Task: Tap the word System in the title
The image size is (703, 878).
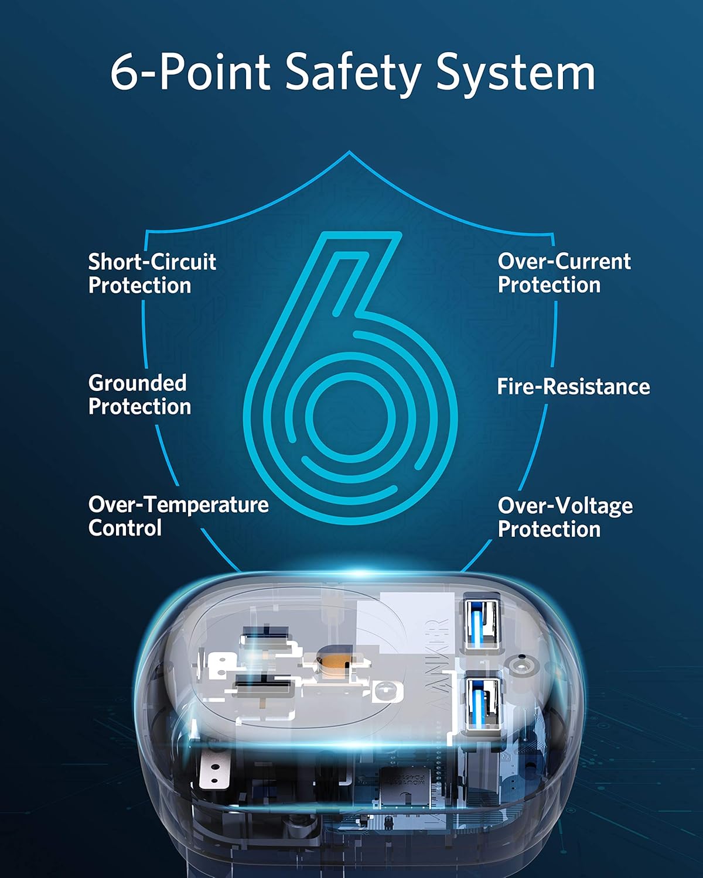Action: [516, 73]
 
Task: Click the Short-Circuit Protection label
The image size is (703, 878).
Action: [152, 273]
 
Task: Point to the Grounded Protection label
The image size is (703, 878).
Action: [139, 395]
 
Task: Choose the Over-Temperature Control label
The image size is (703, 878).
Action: [178, 516]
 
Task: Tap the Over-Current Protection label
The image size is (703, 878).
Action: [564, 273]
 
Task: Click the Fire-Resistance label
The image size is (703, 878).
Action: [573, 386]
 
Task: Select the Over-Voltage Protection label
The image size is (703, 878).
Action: [565, 517]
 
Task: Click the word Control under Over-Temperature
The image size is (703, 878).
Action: [125, 527]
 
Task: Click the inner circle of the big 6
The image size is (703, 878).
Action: [350, 417]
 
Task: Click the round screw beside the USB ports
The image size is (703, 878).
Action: [520, 667]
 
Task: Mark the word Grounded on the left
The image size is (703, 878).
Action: [137, 383]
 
